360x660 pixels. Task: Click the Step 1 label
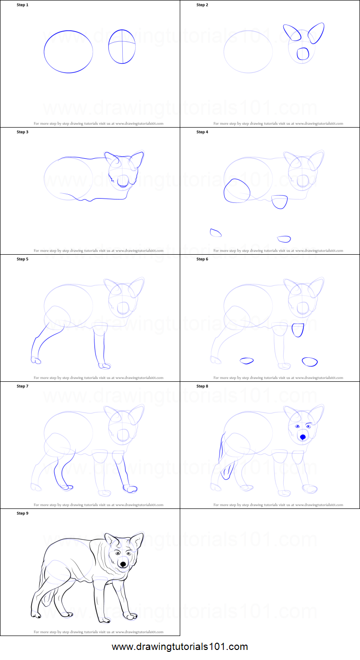[x=23, y=5]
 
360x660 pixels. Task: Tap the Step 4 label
[x=202, y=132]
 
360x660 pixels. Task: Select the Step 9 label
[x=23, y=513]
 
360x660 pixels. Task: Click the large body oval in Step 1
[x=69, y=51]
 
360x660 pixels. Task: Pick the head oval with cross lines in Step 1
[x=122, y=46]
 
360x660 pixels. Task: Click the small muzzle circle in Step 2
[x=302, y=54]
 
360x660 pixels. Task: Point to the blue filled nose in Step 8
[x=302, y=437]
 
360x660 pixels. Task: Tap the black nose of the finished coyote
[x=123, y=564]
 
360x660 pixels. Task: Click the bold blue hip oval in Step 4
[x=237, y=190]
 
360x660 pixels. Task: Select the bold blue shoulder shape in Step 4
[x=279, y=201]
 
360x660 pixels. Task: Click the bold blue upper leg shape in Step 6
[x=298, y=330]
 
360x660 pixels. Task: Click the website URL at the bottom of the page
[x=180, y=647]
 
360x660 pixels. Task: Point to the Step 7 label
[x=23, y=386]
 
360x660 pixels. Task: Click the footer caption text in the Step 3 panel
[x=98, y=250]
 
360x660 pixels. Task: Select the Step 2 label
[x=202, y=5]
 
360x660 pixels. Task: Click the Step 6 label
[x=202, y=259]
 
